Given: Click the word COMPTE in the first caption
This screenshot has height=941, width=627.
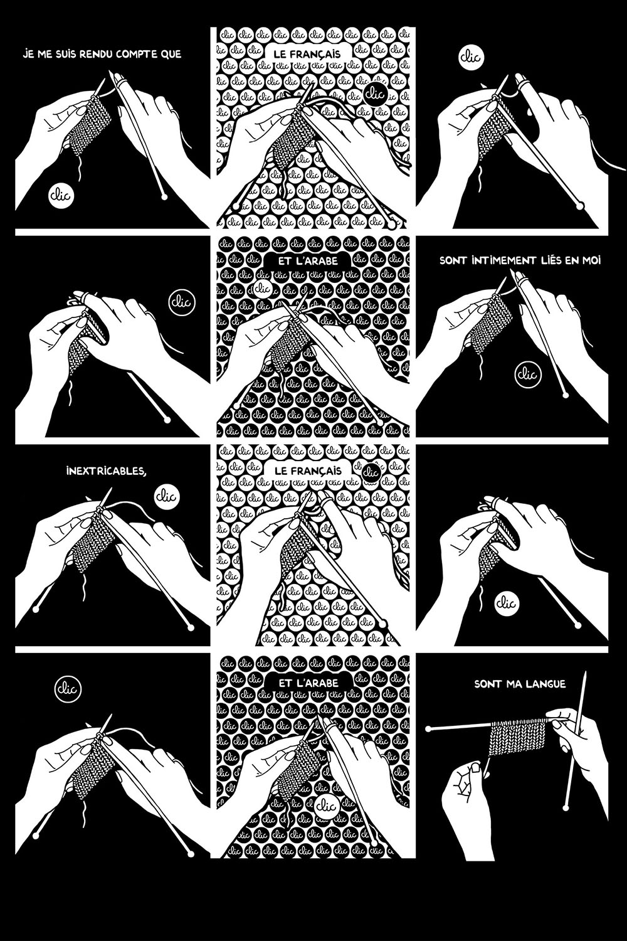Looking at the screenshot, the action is pos(137,54).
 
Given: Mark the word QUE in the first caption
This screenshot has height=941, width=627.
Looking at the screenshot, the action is pos(172,54).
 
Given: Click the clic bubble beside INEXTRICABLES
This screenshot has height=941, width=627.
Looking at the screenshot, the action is pos(167,497).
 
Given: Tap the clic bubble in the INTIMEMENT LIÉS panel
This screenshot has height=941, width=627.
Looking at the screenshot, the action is pos(528,373).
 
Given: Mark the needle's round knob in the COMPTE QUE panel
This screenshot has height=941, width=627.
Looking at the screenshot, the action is pos(164,196).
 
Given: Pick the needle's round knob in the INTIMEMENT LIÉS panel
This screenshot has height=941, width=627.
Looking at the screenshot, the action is pos(566,395).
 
